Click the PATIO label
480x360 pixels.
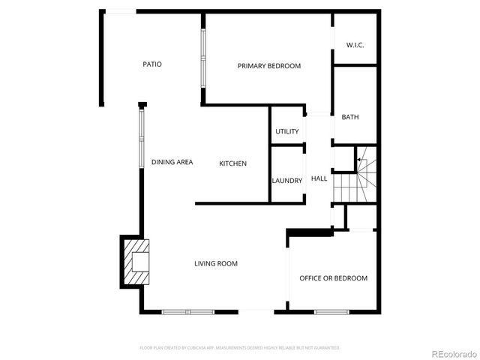click(152, 64)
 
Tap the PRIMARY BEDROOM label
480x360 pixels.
click(269, 66)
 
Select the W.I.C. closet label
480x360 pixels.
click(355, 46)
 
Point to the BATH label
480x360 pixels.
click(350, 117)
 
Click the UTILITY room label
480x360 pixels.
click(287, 132)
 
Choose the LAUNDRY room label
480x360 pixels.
click(287, 181)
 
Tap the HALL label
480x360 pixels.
click(319, 178)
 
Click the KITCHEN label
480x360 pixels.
click(232, 163)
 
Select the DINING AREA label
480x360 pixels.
click(172, 162)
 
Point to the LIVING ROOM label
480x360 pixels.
click(216, 263)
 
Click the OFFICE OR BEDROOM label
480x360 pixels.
click(334, 278)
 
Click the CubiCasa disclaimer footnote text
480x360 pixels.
click(240, 348)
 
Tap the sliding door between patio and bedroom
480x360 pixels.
click(202, 58)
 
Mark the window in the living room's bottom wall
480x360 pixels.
click(187, 311)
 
